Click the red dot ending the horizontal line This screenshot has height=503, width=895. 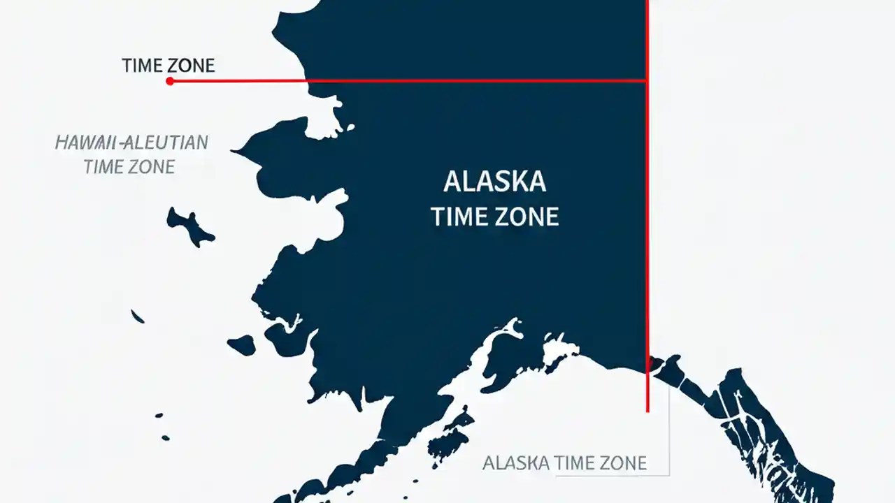coord(170,81)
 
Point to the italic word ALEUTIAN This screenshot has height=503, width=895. coord(166,143)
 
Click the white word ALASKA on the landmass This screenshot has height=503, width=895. coord(494,182)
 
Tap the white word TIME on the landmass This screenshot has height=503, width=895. coord(459,217)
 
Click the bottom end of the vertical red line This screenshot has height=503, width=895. coord(647,411)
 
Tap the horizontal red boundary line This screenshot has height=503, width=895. coord(420,81)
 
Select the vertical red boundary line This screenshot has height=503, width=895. coord(647,245)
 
